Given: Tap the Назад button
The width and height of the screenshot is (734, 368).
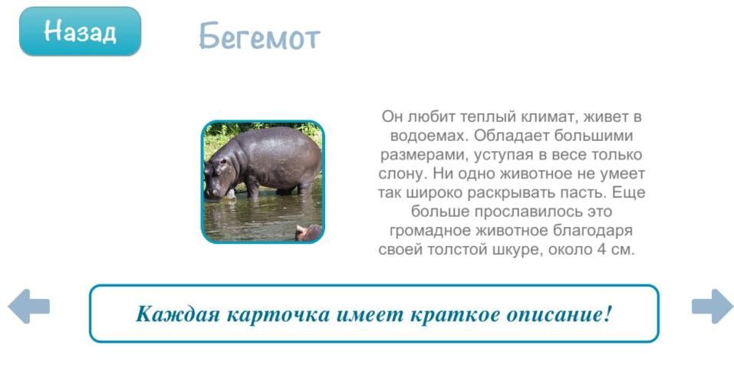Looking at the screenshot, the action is (x=80, y=31).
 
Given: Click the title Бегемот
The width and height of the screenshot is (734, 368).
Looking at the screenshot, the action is (x=259, y=36).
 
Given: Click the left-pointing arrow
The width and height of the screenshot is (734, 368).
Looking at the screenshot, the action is (x=29, y=306).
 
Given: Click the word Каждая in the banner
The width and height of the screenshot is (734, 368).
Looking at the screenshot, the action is (x=178, y=314).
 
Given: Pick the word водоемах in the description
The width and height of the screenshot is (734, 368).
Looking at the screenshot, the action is (x=430, y=136).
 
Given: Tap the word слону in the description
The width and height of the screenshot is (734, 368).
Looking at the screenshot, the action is (x=403, y=174).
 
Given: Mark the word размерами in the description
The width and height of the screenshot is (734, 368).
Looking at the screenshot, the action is (x=425, y=155).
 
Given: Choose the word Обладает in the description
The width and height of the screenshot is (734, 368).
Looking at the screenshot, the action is (x=511, y=136).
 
